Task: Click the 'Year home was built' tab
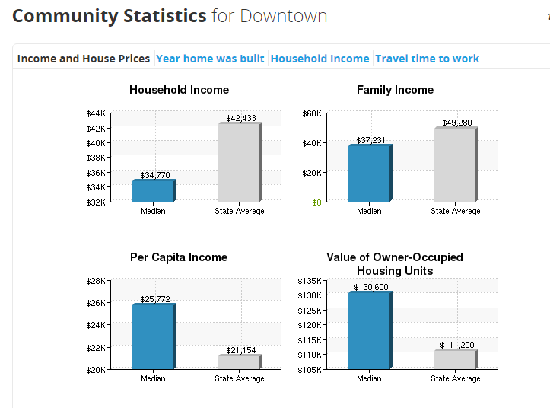[210, 59]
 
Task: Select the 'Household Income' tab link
[320, 59]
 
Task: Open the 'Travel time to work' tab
[427, 59]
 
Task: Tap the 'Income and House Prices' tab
[84, 59]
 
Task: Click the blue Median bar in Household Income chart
[153, 191]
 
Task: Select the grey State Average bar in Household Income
[239, 163]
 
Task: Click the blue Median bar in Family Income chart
[369, 174]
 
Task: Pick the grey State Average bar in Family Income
[455, 165]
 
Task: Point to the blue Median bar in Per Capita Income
[153, 337]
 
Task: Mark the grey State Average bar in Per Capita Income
[239, 362]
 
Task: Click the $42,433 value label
[241, 118]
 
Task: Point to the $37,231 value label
[370, 140]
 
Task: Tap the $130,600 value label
[370, 287]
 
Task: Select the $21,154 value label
[241, 350]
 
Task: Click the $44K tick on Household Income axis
[95, 113]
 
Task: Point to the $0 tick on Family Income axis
[316, 202]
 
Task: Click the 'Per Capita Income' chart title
[179, 257]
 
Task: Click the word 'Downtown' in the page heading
[283, 15]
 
